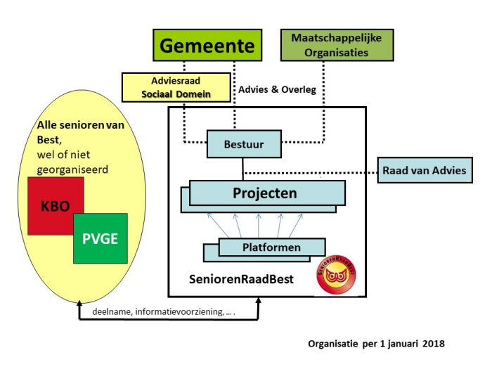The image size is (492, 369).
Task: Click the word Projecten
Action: pyautogui.click(x=265, y=193)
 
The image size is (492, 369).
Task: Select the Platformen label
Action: pyautogui.click(x=271, y=247)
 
